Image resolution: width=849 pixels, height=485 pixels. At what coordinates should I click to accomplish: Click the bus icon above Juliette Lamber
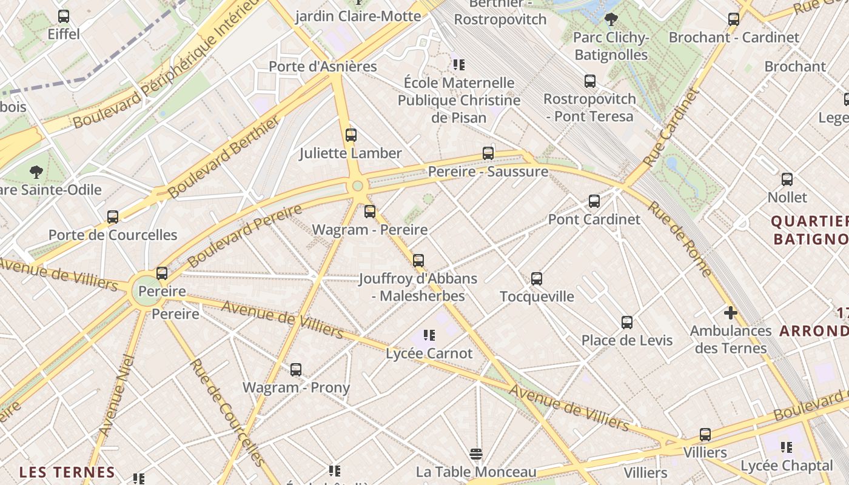point(351,135)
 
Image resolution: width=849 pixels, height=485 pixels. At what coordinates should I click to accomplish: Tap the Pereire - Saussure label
point(488,172)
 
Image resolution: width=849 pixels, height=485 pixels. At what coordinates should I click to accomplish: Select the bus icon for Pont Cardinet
point(594,201)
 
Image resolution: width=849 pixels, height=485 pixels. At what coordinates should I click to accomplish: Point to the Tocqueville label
point(537,296)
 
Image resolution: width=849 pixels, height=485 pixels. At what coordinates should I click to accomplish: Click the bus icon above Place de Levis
point(627,323)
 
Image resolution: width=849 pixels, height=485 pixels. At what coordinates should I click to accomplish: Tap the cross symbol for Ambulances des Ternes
point(731,313)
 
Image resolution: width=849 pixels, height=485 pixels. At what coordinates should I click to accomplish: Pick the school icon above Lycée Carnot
point(429,335)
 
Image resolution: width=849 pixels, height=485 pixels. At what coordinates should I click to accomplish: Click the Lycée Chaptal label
point(787,466)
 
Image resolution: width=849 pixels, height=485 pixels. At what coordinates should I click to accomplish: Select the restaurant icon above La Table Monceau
point(476,454)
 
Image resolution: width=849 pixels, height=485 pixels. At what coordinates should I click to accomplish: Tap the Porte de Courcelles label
point(113,235)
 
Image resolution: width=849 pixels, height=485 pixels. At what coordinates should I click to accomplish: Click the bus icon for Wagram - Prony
point(296,370)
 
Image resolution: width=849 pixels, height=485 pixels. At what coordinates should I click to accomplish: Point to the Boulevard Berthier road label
point(224,156)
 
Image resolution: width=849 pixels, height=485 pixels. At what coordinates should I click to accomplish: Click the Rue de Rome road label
point(680,238)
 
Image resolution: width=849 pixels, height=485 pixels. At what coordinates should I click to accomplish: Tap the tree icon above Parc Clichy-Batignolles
point(611,19)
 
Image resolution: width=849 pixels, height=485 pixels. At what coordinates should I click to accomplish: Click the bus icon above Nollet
point(787,179)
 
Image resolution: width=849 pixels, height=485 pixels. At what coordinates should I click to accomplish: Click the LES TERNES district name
point(67,472)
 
